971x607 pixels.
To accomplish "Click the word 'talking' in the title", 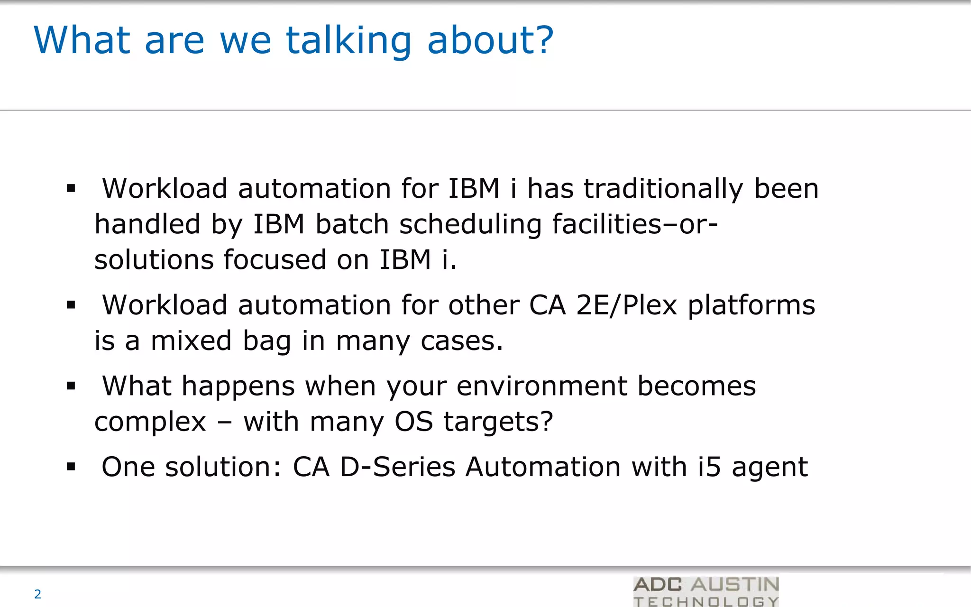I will (348, 41).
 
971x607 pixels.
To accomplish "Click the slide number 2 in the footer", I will (38, 594).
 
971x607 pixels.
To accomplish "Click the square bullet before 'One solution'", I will (71, 467).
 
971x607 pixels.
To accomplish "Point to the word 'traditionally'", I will (663, 188).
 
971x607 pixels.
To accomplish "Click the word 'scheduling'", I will (470, 224).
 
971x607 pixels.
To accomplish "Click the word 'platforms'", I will (751, 305).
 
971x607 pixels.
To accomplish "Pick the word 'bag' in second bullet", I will (266, 341).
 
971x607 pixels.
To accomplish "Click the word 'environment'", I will (542, 386).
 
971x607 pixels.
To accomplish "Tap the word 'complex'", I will (150, 422).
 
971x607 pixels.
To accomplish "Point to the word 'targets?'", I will (498, 421).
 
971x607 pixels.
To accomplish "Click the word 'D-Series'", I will (398, 467).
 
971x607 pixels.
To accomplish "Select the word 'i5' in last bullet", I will (709, 467).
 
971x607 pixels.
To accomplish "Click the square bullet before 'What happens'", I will (71, 386).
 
